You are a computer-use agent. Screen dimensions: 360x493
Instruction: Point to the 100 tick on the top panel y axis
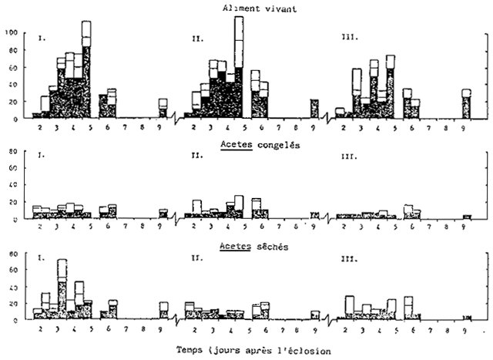click(11, 32)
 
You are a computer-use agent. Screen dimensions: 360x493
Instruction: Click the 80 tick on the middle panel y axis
click(13, 152)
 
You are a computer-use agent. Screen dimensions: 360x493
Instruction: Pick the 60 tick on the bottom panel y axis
click(13, 270)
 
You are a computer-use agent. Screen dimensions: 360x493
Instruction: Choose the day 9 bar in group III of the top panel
click(466, 103)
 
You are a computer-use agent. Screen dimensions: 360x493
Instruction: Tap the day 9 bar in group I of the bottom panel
click(163, 310)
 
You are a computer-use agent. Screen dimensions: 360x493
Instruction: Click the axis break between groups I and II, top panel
click(178, 119)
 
